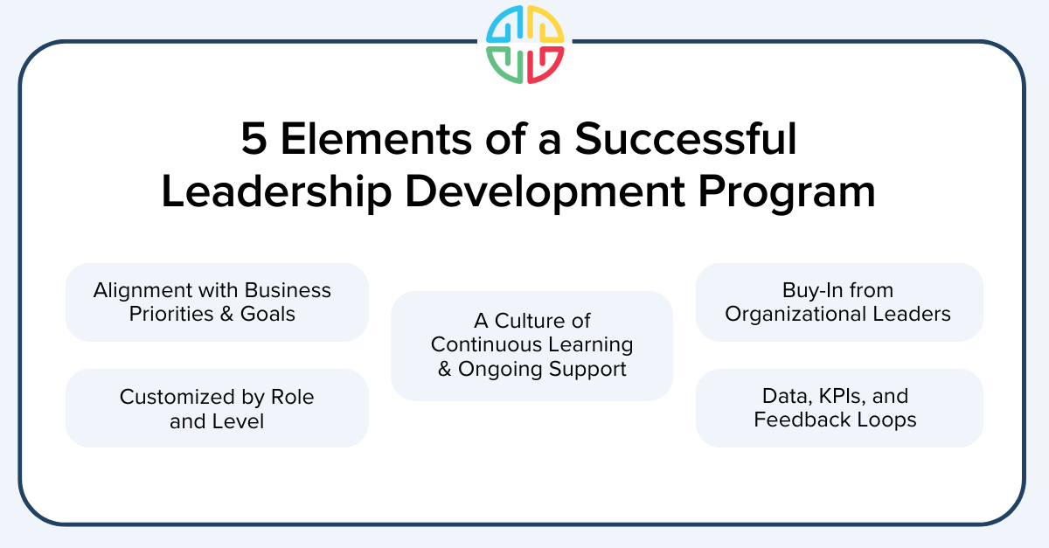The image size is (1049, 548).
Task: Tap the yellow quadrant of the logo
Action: pos(544,24)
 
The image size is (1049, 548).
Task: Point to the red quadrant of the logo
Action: pos(544,64)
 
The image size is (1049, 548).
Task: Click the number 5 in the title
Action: pos(254,140)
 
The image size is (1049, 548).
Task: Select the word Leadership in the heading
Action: pos(276,192)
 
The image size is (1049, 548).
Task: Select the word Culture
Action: pos(534,321)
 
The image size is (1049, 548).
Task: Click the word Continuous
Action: pos(483,344)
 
